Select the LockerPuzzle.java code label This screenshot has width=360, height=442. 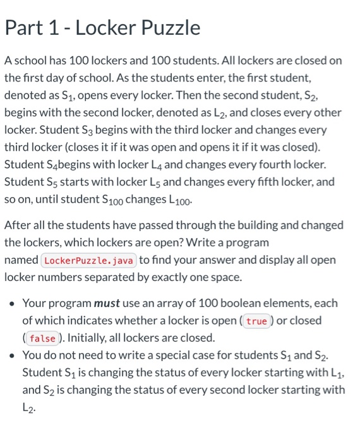(x=88, y=260)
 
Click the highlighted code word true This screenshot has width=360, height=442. (x=256, y=321)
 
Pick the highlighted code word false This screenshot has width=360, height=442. (x=42, y=338)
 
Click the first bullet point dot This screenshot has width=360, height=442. (x=12, y=303)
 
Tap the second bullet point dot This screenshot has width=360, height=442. (x=12, y=355)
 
